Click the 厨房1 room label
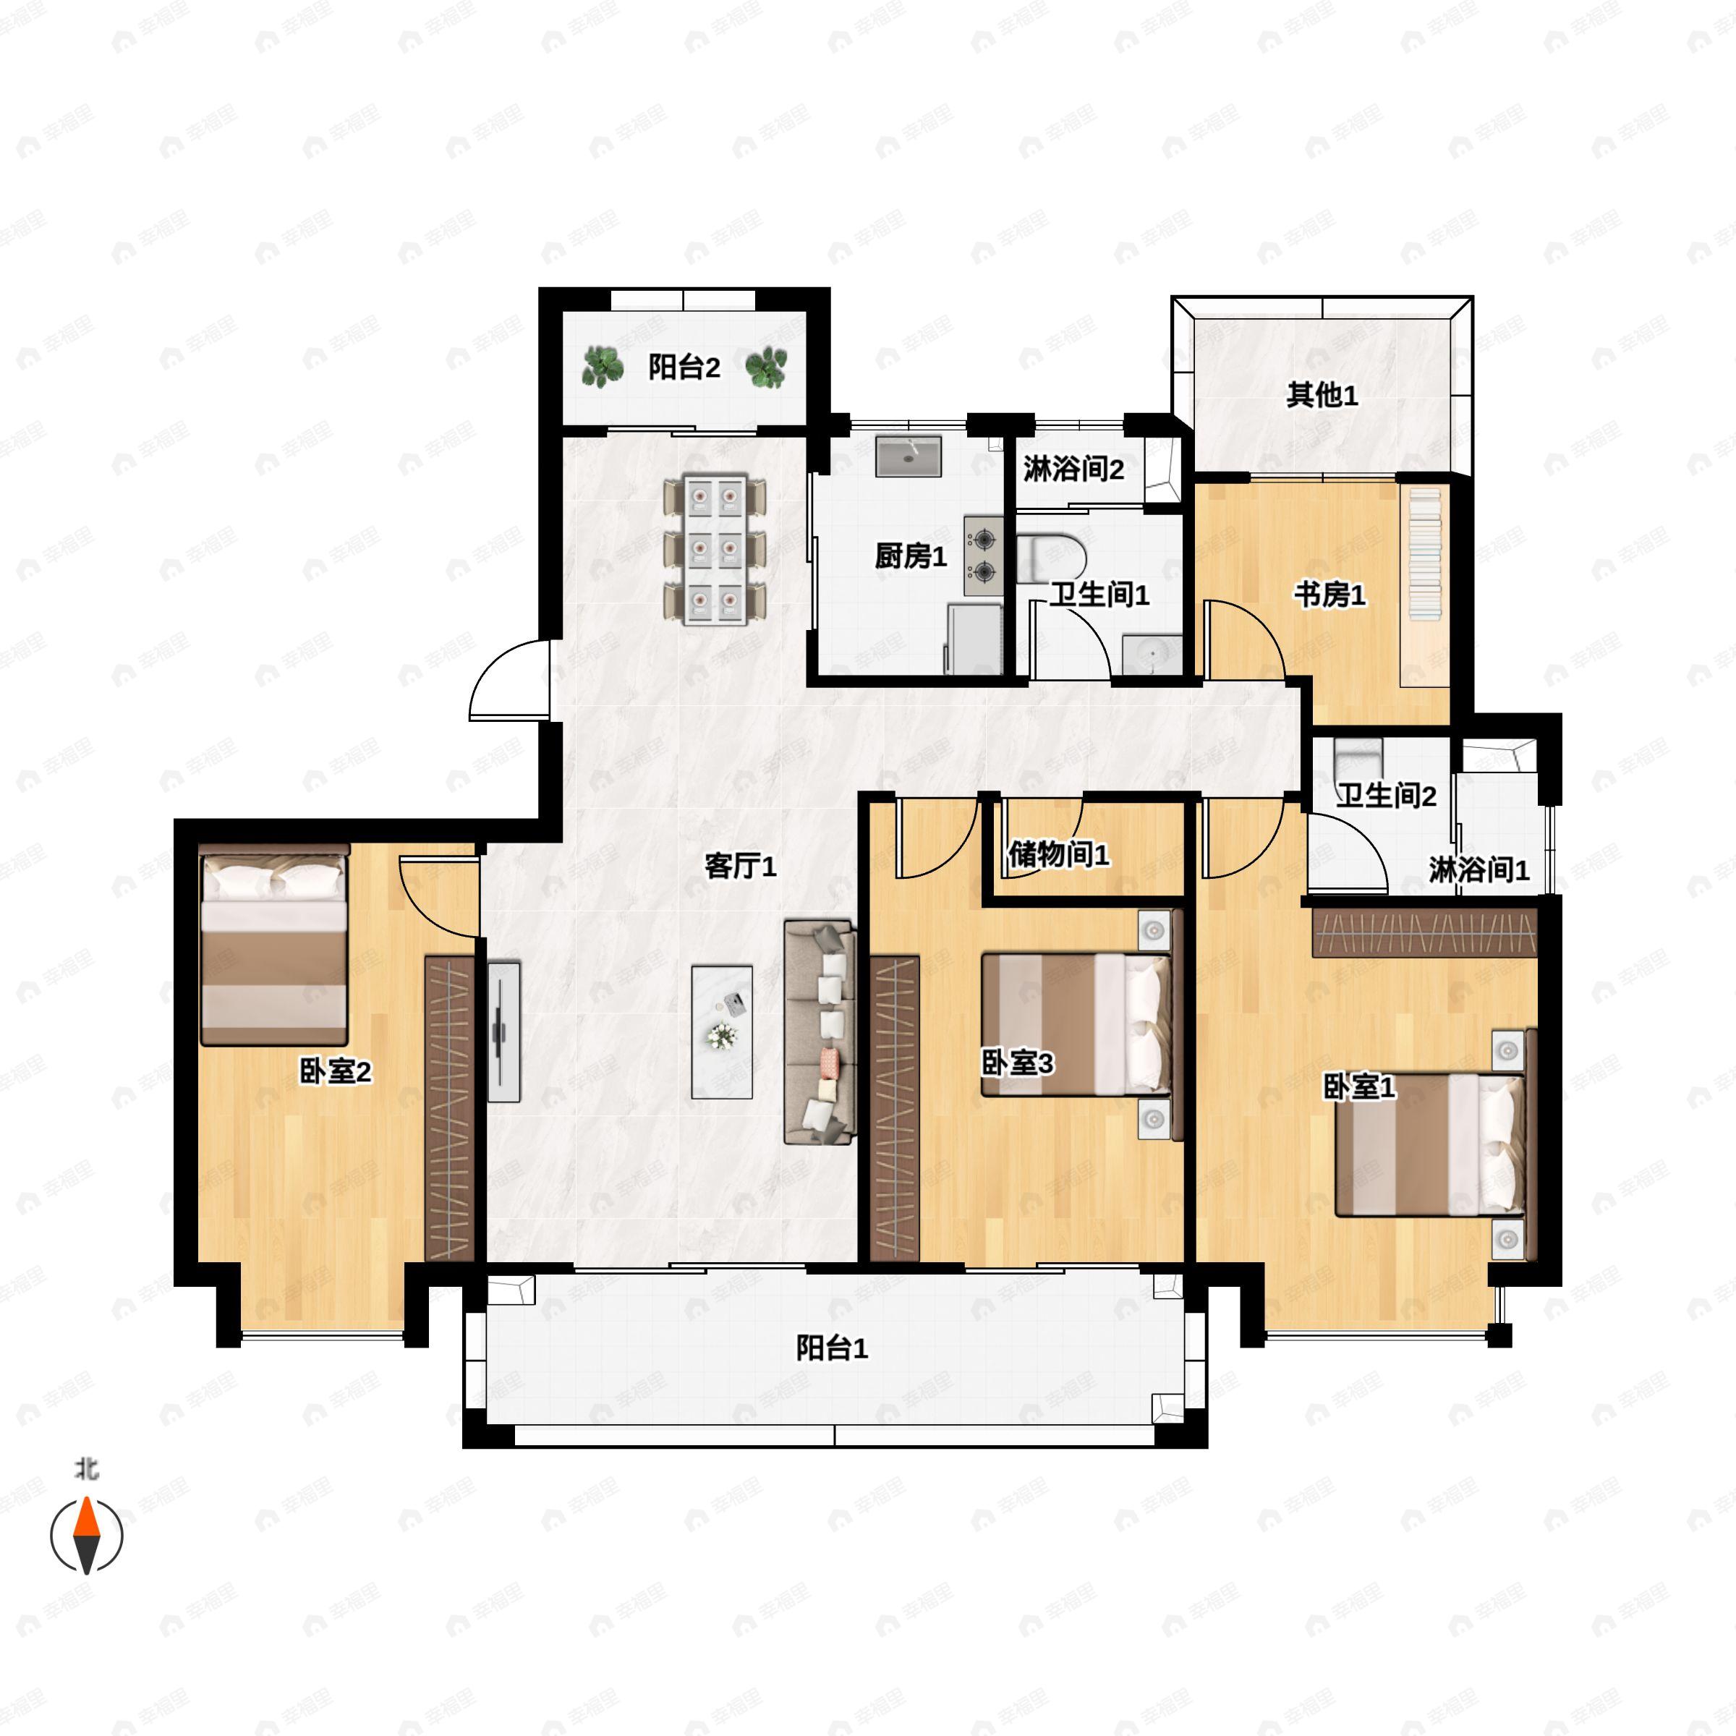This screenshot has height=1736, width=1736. point(910,556)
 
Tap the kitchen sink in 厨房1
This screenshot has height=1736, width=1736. point(909,456)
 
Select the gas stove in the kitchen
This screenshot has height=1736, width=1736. point(984,556)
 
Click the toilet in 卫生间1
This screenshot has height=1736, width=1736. point(1051,557)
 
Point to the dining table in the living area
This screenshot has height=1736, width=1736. point(715,550)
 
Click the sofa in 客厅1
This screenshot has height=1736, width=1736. point(819,1031)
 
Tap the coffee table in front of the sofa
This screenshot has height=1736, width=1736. point(722,1031)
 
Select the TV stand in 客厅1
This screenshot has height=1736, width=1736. point(505,1031)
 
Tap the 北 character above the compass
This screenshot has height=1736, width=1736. point(86,1469)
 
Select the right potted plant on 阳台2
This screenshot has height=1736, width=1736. point(767,367)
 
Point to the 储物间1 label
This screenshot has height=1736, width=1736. point(1058,854)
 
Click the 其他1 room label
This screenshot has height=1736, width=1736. point(1322,394)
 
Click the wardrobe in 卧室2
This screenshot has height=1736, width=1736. point(448,1107)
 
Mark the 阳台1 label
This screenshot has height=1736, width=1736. point(832,1348)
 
